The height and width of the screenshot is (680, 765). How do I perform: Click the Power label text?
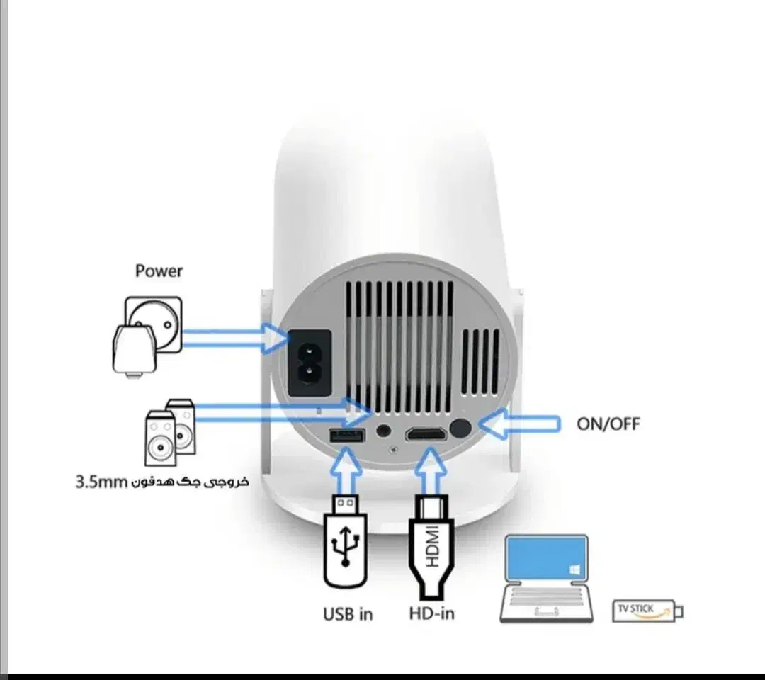(x=159, y=271)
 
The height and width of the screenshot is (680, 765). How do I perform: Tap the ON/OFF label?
(x=608, y=424)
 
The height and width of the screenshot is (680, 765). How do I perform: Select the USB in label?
(x=348, y=613)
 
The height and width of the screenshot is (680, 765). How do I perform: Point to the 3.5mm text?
(x=100, y=482)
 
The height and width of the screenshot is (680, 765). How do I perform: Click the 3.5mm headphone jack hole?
(x=385, y=430)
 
